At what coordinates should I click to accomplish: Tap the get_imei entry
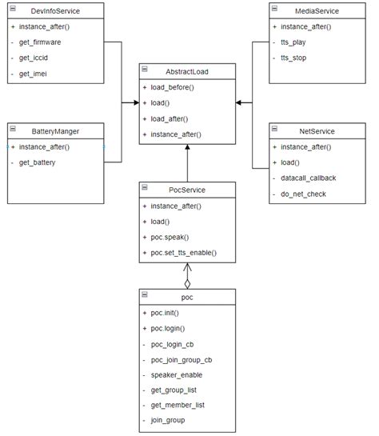point(35,74)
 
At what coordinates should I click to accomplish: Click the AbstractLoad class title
point(187,71)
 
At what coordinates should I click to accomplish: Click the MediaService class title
point(317,10)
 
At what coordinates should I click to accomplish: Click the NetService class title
point(317,130)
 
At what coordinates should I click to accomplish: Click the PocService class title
point(187,190)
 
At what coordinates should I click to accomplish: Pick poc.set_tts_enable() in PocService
point(183,253)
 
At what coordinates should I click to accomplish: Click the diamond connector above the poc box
point(187,283)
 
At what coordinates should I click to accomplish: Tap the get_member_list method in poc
point(177,405)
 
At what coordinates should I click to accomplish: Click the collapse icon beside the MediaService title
point(274,10)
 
